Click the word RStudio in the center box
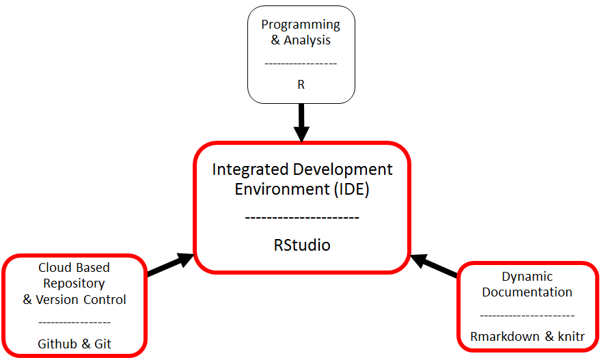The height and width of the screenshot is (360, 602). (x=302, y=245)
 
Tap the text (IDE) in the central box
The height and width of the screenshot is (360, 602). (x=352, y=189)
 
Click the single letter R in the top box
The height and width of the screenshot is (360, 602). (x=301, y=85)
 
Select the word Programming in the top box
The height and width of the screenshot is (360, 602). (x=301, y=25)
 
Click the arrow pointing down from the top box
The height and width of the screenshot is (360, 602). (x=301, y=123)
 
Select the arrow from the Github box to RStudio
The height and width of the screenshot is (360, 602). (x=171, y=264)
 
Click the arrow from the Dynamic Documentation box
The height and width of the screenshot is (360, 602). (x=433, y=266)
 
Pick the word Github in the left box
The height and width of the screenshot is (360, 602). (x=57, y=344)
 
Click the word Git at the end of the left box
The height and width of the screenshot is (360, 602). (x=102, y=344)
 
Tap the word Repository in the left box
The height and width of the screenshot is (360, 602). (x=74, y=283)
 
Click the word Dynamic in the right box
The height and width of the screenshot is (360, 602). (x=527, y=277)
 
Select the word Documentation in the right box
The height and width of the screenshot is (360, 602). (x=527, y=292)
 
